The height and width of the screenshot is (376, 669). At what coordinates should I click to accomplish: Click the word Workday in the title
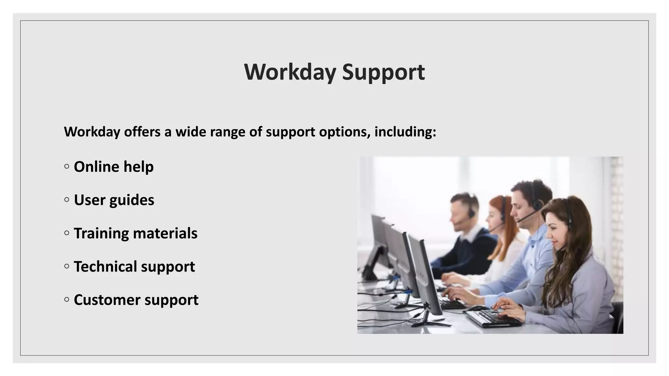pyautogui.click(x=290, y=72)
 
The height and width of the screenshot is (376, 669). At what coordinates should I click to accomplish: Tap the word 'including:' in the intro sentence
pyautogui.click(x=405, y=132)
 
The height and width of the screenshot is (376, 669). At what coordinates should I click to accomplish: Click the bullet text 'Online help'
pyautogui.click(x=114, y=167)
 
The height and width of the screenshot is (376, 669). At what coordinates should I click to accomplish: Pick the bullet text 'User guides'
pyautogui.click(x=114, y=200)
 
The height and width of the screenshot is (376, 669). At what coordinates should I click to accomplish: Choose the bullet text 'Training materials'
pyautogui.click(x=136, y=233)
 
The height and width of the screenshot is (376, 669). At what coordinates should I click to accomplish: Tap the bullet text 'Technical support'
pyautogui.click(x=134, y=267)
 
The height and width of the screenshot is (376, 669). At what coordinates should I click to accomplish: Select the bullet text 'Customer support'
pyautogui.click(x=136, y=300)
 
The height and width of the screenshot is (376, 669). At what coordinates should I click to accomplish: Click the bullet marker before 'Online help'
pyautogui.click(x=67, y=167)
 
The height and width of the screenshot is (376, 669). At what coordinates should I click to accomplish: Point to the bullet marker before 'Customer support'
pyautogui.click(x=67, y=300)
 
